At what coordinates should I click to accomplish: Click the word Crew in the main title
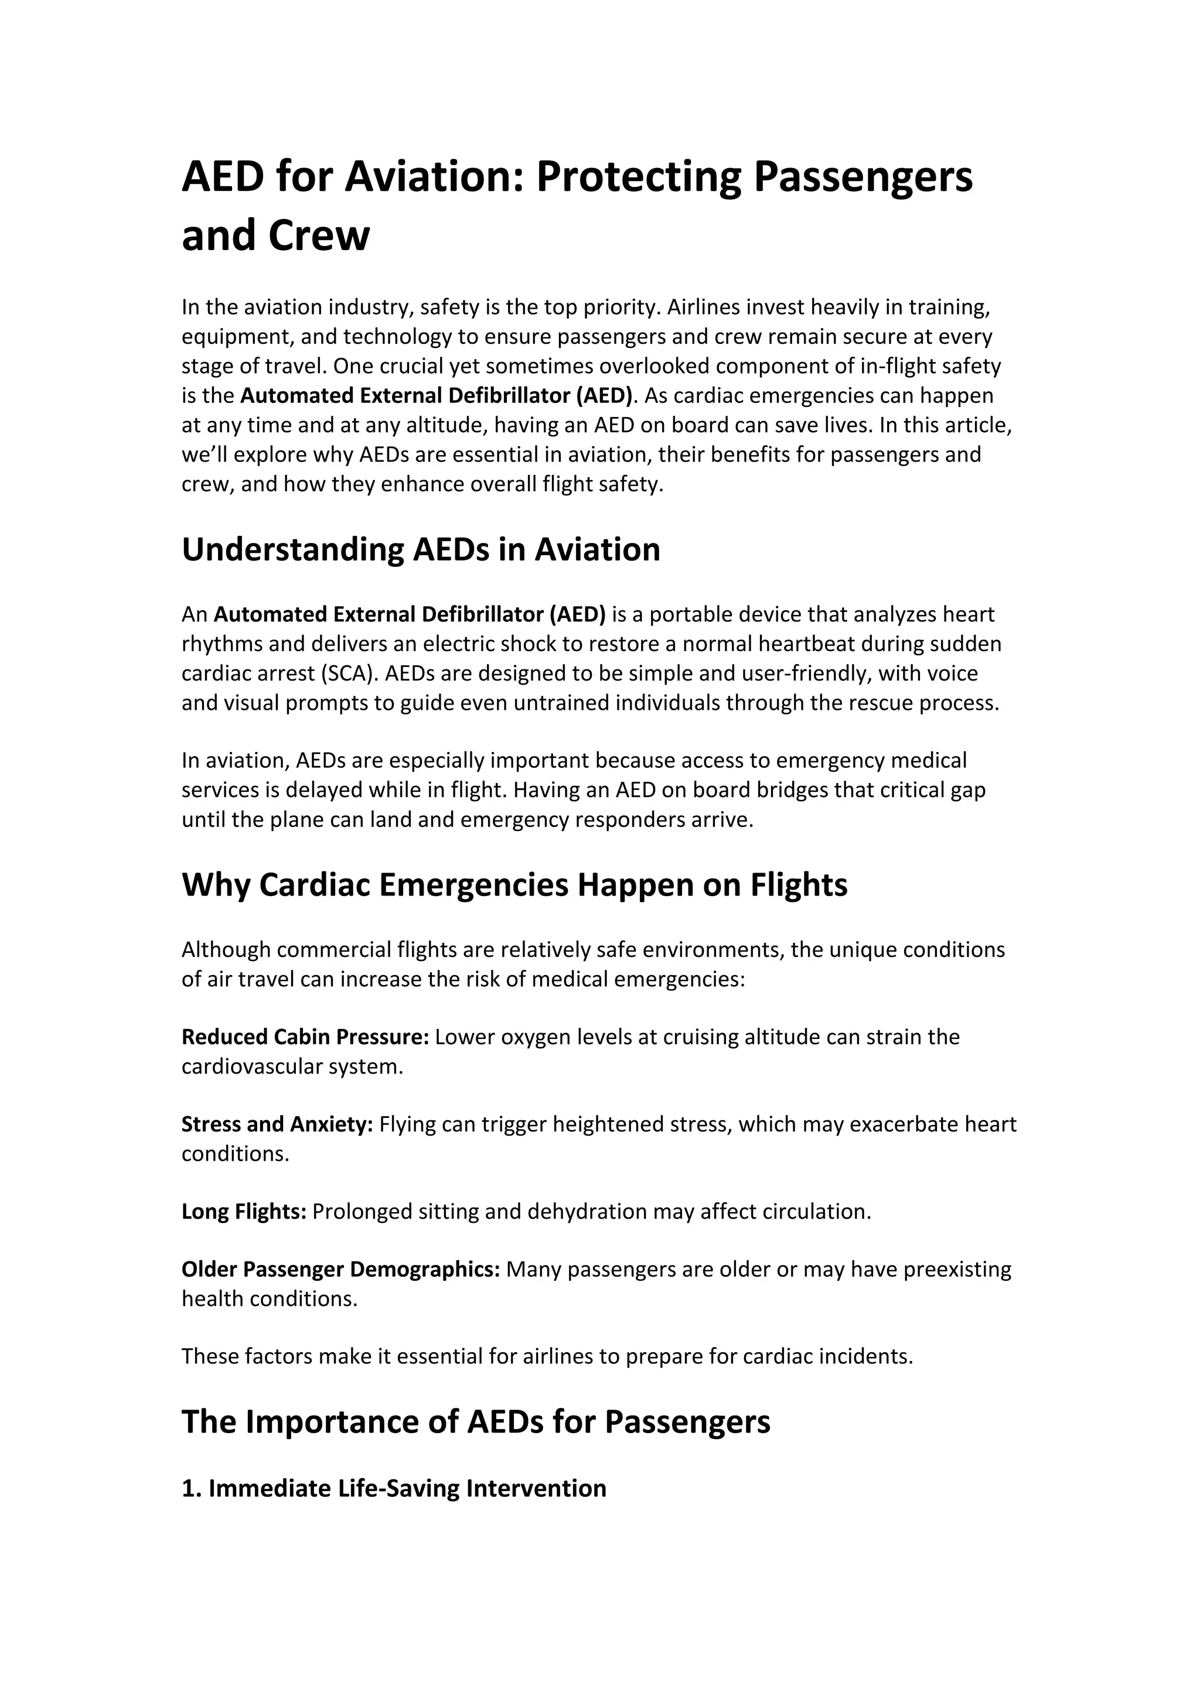(319, 237)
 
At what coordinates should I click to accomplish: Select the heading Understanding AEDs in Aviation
(421, 549)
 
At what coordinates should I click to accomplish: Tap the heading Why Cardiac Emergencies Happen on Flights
(514, 884)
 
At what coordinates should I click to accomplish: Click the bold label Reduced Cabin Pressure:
(305, 1037)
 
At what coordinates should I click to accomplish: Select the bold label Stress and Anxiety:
(277, 1124)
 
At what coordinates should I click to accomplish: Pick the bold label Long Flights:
(244, 1212)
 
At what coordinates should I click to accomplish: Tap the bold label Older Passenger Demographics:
(340, 1269)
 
